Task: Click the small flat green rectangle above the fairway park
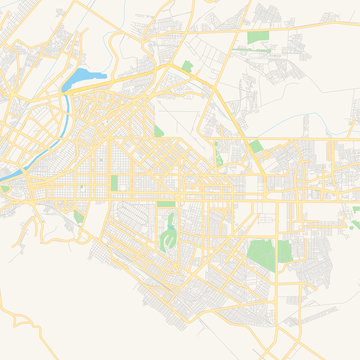click(x=166, y=205)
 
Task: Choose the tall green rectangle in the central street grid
click(x=114, y=183)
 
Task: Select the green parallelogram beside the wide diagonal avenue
click(x=256, y=146)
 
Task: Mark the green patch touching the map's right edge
click(x=356, y=210)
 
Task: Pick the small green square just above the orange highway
click(x=187, y=66)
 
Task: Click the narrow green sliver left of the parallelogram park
click(x=215, y=152)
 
